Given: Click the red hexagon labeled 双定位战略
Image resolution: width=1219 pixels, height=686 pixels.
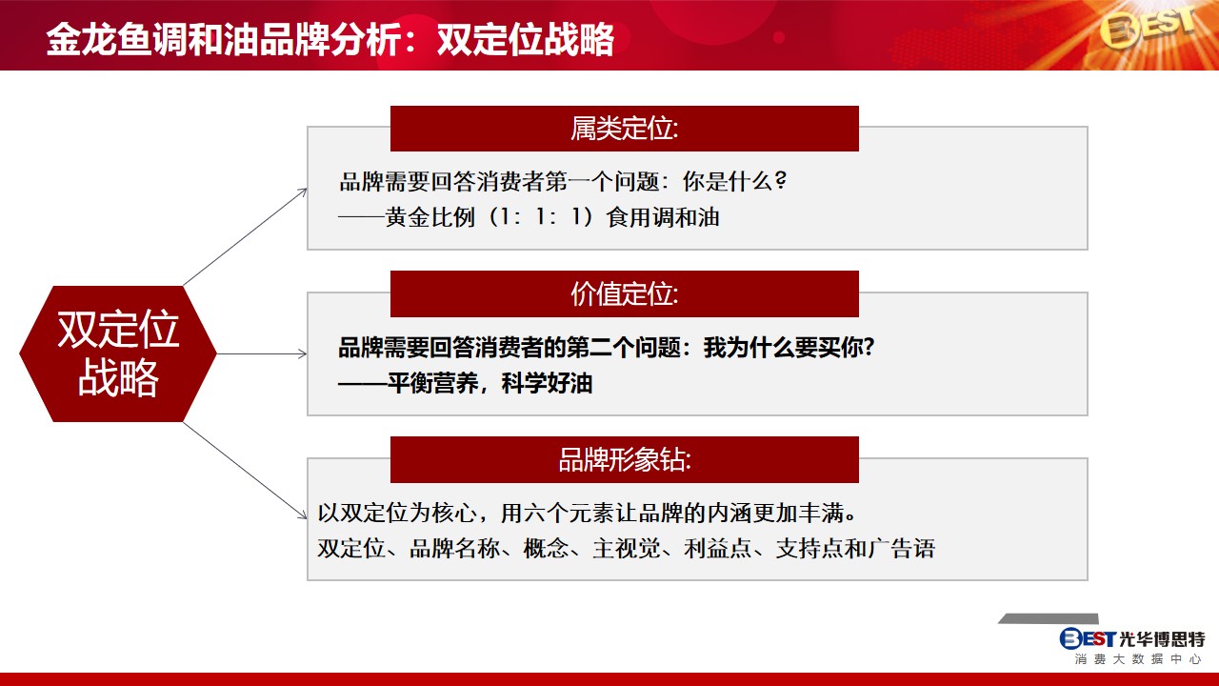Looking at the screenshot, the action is click(x=118, y=353).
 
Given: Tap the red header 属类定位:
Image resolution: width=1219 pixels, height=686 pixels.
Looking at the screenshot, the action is click(x=624, y=129).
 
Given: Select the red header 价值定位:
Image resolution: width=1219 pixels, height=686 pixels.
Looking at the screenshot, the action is click(x=624, y=294).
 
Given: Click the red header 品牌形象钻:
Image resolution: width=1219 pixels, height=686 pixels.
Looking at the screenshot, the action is click(x=624, y=459).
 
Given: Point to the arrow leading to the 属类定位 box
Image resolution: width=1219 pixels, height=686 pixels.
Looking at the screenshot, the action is click(x=246, y=237).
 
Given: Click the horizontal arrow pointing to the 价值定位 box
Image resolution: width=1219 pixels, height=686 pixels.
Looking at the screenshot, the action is click(x=262, y=353).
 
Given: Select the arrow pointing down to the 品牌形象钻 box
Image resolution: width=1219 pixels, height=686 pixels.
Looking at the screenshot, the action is click(x=246, y=471).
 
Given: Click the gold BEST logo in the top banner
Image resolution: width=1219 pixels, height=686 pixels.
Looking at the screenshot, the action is click(x=1146, y=30).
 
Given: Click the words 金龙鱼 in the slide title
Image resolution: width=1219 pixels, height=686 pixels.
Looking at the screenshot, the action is click(x=99, y=39).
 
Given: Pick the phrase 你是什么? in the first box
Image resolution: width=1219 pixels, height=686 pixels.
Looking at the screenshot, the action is click(x=734, y=181).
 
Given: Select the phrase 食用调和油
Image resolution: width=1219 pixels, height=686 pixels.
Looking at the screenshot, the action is click(x=663, y=217).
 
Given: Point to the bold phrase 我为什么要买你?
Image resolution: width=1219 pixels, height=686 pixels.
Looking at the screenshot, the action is click(x=789, y=347).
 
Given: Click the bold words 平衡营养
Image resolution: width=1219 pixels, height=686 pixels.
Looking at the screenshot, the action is click(x=432, y=383).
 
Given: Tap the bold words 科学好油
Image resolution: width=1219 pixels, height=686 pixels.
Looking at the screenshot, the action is click(x=547, y=383).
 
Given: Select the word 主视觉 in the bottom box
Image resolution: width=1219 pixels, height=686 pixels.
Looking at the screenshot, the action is click(x=627, y=548).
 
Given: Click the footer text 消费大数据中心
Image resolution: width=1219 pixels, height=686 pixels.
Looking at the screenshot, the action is click(x=1136, y=659).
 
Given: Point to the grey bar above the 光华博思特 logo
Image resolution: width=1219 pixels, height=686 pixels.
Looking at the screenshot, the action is click(x=1049, y=618).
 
